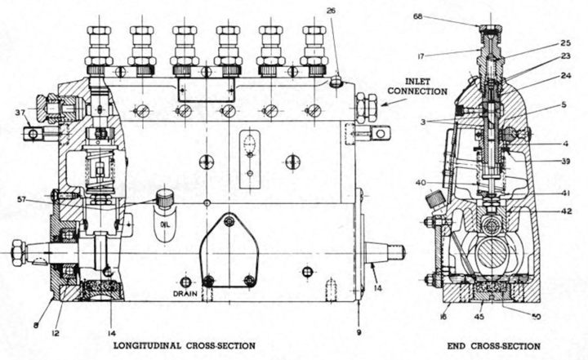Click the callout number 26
click(330, 11)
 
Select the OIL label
click(164, 224)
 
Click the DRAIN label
click(186, 291)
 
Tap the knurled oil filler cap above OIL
click(166, 198)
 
